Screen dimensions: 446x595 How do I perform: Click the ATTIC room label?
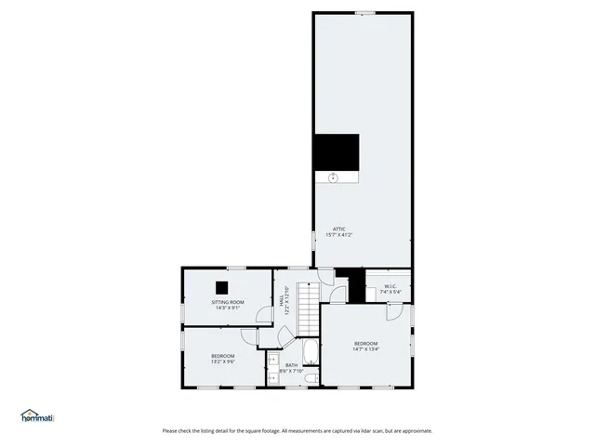[339, 229]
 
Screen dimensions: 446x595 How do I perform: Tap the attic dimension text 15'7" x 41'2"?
[339, 235]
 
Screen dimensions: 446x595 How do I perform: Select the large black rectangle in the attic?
[336, 151]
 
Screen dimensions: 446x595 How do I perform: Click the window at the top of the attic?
[364, 12]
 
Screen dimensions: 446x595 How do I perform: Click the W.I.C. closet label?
[390, 287]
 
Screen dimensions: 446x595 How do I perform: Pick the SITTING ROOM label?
[228, 302]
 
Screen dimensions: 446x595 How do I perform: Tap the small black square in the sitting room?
[222, 287]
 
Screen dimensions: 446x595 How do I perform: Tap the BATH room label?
[291, 365]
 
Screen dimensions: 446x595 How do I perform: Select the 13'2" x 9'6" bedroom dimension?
[222, 362]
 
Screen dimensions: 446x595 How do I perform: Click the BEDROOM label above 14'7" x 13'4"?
[365, 344]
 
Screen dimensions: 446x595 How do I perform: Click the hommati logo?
[37, 415]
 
